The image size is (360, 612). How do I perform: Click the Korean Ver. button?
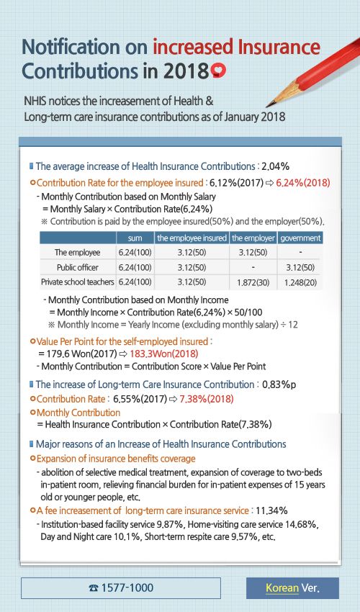pyautogui.click(x=292, y=588)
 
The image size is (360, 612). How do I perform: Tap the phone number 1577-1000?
pyautogui.click(x=120, y=588)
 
